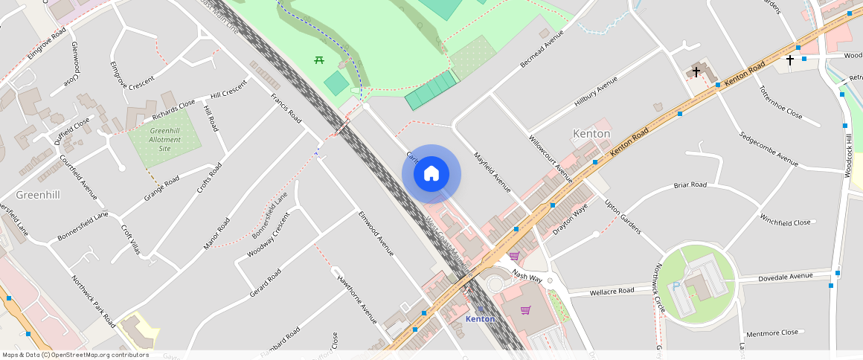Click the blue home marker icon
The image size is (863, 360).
pos(431,174)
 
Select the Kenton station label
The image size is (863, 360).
pos(480,318)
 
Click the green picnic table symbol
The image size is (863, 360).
pos(319,60)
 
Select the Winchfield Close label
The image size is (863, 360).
pos(785,222)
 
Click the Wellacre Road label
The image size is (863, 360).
pos(612,290)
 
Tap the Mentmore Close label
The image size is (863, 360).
pos(771,332)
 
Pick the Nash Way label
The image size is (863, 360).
pos(527,277)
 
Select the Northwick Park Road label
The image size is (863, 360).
pos(93,301)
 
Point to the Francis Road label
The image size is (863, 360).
pos(286,109)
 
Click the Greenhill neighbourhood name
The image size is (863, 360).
pos(38,194)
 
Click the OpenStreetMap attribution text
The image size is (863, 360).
pos(75,355)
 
